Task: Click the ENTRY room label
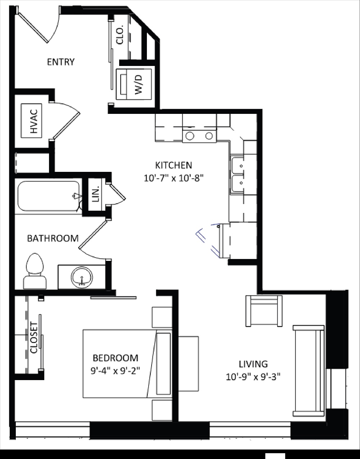(61, 62)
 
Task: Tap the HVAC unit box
(32, 120)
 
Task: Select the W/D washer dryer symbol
(134, 84)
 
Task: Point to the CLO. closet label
(120, 35)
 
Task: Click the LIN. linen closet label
(95, 194)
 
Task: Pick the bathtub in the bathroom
(48, 196)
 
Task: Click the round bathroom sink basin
(82, 277)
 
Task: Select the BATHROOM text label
(53, 238)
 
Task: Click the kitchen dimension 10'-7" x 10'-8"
(174, 178)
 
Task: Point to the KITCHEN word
(174, 165)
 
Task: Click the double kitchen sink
(238, 175)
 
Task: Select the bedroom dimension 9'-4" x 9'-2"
(115, 371)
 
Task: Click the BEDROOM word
(115, 358)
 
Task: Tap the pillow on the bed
(163, 364)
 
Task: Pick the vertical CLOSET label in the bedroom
(34, 338)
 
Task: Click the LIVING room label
(253, 364)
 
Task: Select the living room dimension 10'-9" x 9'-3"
(253, 377)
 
